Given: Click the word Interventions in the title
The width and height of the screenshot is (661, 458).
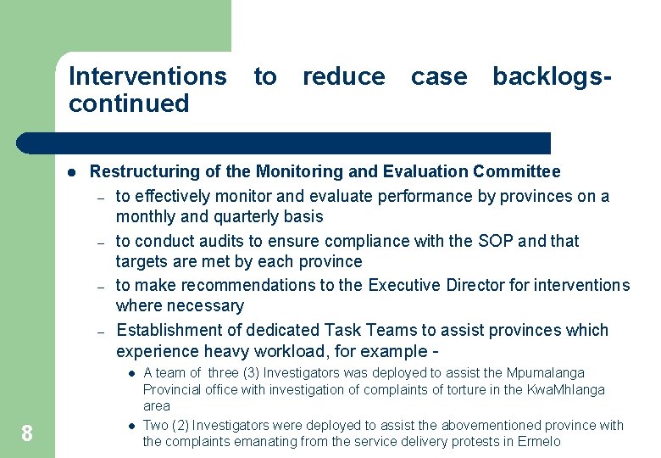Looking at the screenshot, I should coord(147,76).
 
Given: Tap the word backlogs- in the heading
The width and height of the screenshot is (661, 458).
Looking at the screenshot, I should coord(552,76).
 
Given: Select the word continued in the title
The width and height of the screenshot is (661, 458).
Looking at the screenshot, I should coord(128,103).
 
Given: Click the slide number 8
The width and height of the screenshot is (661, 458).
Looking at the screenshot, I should coord(27,434).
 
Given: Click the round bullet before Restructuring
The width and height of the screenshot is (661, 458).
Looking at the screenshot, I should coord(72,172).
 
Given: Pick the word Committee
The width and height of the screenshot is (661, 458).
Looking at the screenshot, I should coord(521,171).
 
